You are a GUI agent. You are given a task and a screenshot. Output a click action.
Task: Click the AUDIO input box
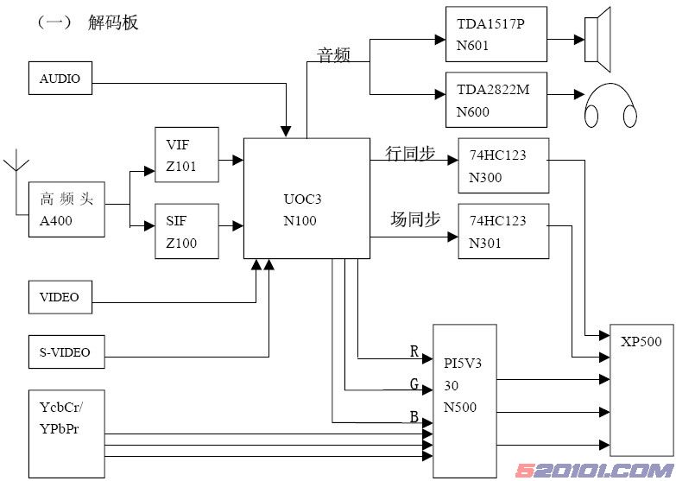60,79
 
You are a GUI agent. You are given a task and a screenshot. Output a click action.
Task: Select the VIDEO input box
60,297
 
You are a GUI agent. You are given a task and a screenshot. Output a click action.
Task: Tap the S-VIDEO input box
66,351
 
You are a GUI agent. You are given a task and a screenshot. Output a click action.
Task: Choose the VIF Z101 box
186,155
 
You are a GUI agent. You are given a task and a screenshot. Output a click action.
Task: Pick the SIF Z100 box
186,231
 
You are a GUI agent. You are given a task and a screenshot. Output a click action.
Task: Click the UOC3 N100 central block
306,198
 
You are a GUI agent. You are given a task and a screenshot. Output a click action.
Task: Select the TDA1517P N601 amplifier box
496,35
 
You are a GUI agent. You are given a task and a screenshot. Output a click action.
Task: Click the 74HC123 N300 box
502,165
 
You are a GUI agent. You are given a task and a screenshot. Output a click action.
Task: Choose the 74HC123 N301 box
502,231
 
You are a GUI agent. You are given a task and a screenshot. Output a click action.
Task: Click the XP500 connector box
641,389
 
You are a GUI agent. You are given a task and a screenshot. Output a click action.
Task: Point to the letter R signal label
414,351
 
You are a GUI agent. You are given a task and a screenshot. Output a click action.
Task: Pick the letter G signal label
414,383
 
